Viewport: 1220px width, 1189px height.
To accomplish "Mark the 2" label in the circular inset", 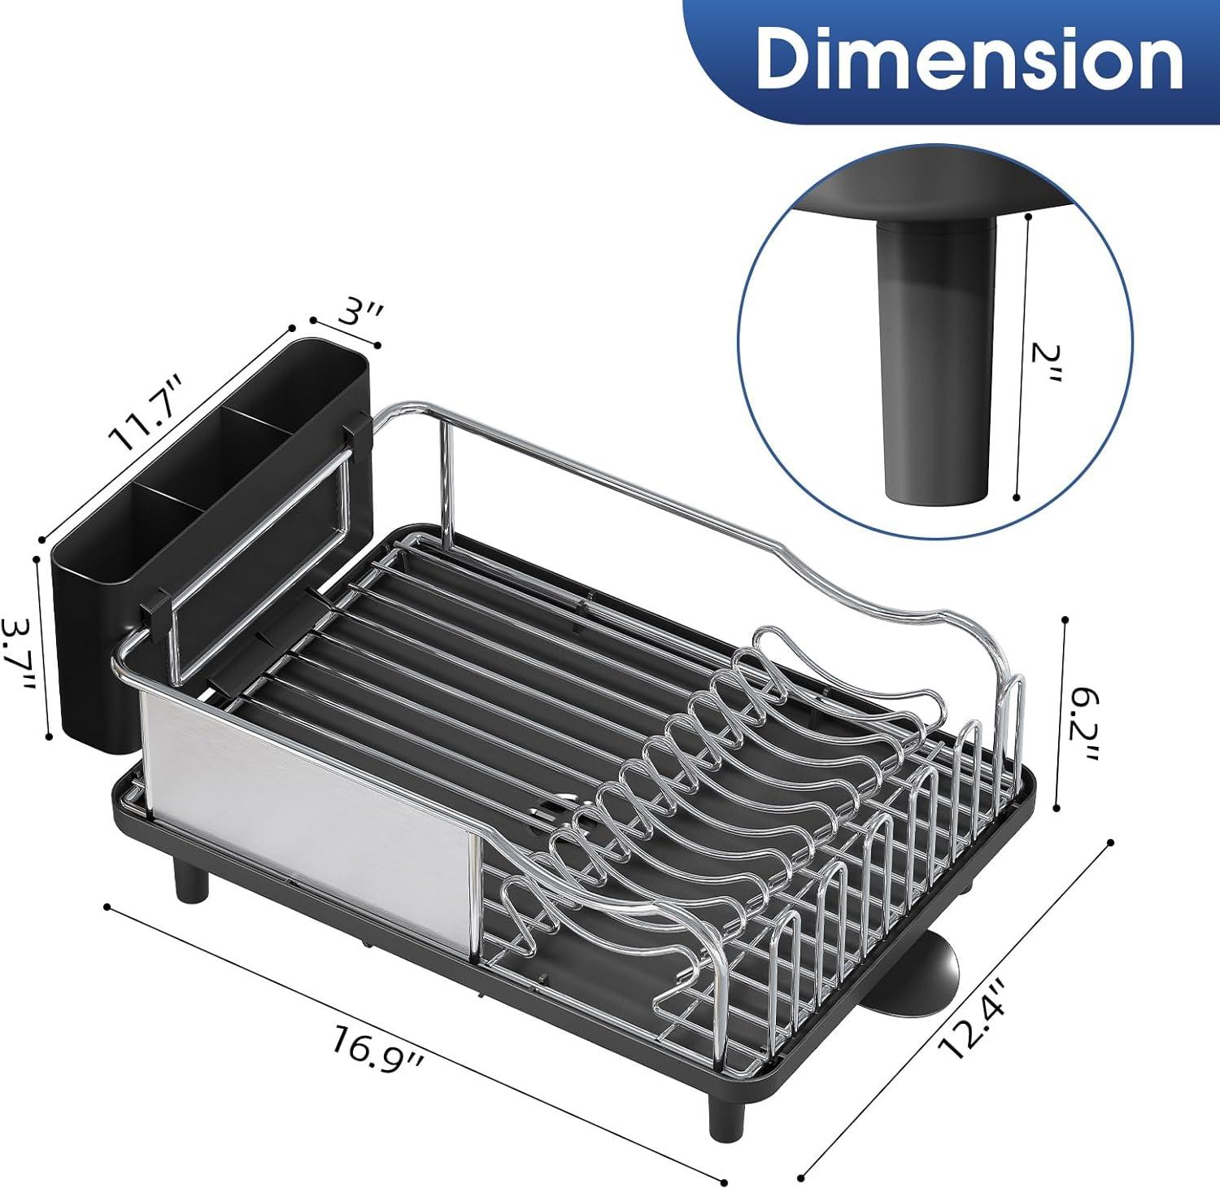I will coord(1044,364).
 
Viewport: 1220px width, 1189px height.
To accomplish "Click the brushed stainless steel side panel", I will coord(309,822).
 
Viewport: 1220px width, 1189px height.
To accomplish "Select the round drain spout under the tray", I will coord(935,973).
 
